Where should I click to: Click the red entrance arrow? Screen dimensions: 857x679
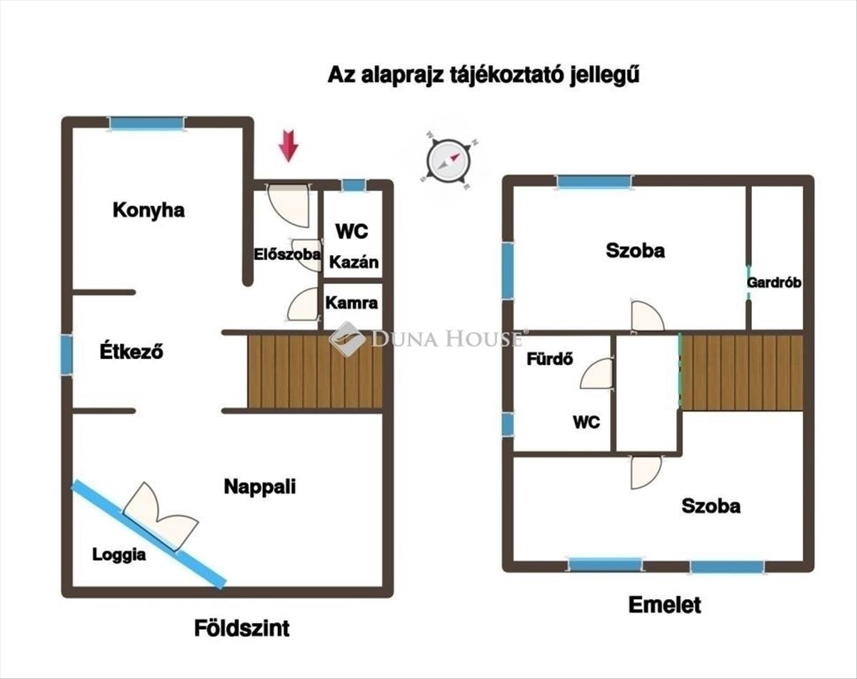(288, 145)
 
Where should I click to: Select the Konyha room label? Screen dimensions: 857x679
(149, 210)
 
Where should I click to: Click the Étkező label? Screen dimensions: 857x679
(131, 351)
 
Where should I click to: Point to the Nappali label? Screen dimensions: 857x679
(260, 487)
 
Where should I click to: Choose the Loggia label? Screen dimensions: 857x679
(119, 555)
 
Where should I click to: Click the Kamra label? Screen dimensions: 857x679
(351, 303)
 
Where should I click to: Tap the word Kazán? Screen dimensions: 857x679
(354, 262)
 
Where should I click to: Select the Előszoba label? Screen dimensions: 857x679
(288, 253)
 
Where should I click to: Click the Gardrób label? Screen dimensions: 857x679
(774, 282)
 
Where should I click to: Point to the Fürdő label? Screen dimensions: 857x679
(550, 359)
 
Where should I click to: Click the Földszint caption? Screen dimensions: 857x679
(242, 628)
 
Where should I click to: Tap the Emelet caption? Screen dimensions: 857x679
(664, 605)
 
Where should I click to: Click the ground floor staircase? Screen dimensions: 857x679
(315, 371)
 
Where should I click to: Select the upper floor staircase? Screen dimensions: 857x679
(743, 372)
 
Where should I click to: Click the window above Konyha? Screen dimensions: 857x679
(147, 124)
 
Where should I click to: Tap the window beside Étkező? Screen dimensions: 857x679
(66, 355)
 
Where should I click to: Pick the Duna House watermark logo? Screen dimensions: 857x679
(348, 339)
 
